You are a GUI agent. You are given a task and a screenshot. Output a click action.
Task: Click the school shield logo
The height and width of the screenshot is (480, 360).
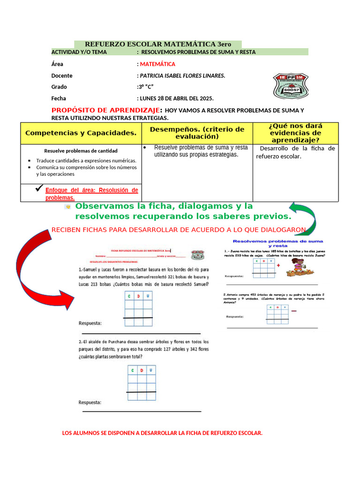291,85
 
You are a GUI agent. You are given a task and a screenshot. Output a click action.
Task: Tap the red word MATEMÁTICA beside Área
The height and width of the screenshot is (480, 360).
157,64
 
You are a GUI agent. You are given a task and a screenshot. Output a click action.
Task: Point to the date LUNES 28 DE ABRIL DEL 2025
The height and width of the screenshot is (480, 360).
176,98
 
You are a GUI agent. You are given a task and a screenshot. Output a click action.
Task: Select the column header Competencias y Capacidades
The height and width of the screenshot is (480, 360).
81,133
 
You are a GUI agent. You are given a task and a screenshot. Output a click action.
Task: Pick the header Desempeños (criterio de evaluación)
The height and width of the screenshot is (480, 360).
197,133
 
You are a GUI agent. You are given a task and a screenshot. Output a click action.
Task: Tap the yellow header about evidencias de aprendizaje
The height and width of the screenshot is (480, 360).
295,133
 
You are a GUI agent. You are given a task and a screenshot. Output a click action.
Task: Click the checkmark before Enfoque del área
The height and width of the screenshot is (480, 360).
39,189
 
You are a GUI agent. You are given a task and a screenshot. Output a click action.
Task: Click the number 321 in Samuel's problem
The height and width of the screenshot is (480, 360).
161,277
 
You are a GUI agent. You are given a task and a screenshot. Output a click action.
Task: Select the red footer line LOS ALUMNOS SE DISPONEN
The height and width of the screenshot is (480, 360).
162,433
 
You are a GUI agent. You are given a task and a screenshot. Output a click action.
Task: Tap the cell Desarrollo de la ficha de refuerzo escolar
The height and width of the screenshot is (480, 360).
295,152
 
